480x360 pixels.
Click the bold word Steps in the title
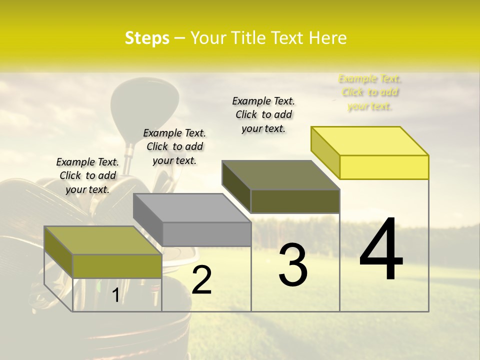point(147,38)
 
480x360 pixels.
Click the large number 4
point(381,250)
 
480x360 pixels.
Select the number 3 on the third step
point(292,265)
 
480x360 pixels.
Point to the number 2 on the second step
point(201,280)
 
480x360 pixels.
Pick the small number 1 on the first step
point(115,295)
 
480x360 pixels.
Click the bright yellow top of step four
point(370,140)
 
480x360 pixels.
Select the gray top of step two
point(192,208)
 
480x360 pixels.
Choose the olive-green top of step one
point(103,240)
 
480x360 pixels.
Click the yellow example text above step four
point(369,92)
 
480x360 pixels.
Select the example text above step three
point(263,114)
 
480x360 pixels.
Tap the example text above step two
point(174,146)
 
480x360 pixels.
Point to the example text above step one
point(87,175)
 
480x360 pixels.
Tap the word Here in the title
point(328,38)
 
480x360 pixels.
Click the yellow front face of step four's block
point(384,167)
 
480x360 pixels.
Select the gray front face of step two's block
point(206,234)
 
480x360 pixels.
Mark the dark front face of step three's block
point(295,201)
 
